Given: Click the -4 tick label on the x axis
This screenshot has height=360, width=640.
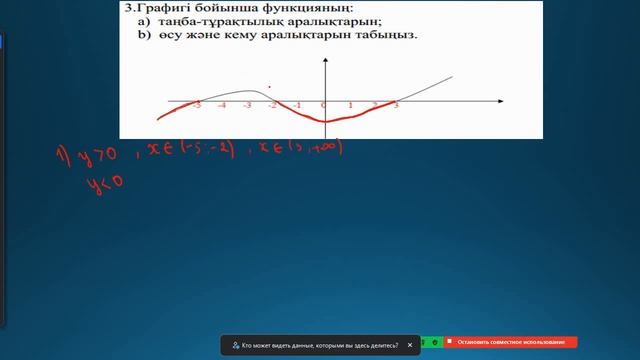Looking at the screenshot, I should (x=221, y=105).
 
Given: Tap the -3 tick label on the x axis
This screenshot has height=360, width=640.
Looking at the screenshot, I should (x=247, y=105).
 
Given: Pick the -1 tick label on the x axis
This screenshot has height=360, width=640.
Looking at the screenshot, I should (x=297, y=105).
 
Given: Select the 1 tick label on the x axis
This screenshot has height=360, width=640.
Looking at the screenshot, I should (x=350, y=105).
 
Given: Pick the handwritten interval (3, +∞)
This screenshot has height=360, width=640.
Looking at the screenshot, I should (x=316, y=148).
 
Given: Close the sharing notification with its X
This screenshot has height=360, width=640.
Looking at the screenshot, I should (x=409, y=344).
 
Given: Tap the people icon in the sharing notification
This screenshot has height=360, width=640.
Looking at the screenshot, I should (x=234, y=344).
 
